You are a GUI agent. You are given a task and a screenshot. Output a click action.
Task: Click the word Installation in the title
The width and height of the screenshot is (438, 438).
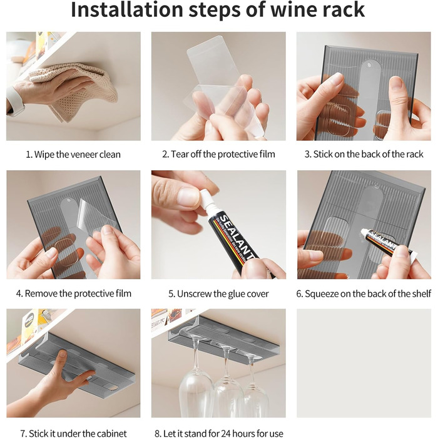tap(127, 10)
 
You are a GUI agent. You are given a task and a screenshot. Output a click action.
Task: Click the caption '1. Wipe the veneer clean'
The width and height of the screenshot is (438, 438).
tap(73, 155)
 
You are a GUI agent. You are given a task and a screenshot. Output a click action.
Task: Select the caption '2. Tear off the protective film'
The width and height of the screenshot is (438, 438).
tap(218, 154)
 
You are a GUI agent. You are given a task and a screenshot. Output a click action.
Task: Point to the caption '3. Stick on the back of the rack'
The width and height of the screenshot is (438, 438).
tap(364, 154)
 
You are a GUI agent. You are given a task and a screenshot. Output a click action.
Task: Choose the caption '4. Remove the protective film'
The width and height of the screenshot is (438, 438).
tap(73, 293)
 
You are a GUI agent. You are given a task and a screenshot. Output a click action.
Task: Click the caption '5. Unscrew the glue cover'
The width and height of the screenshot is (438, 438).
tap(218, 294)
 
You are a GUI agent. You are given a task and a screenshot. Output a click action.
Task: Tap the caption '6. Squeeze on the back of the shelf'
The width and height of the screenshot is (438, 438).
tap(364, 294)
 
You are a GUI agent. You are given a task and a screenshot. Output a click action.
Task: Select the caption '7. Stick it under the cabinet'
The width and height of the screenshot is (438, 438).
tap(73, 433)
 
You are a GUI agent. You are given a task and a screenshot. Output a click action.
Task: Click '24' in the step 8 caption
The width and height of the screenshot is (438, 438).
tap(227, 433)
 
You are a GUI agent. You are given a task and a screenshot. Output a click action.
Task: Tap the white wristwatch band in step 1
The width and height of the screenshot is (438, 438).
tap(14, 101)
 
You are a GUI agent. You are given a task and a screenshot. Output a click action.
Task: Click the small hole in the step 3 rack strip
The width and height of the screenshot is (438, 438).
tap(369, 65)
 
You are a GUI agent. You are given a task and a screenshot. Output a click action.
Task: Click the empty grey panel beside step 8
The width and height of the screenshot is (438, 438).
tap(364, 363)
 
